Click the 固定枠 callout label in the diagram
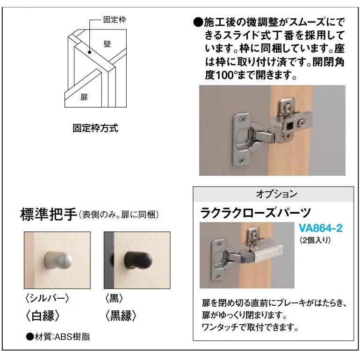pyautogui.click(x=115, y=20)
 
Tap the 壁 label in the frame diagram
pyautogui.click(x=107, y=44)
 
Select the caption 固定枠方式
pyautogui.click(x=95, y=128)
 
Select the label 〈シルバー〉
pyautogui.click(x=49, y=298)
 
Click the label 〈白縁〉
pyautogui.click(x=43, y=316)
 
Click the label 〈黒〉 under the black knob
pyautogui.click(x=115, y=298)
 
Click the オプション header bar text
pyautogui.click(x=276, y=194)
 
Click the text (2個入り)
pyautogui.click(x=315, y=240)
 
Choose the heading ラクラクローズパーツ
pyautogui.click(x=255, y=213)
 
